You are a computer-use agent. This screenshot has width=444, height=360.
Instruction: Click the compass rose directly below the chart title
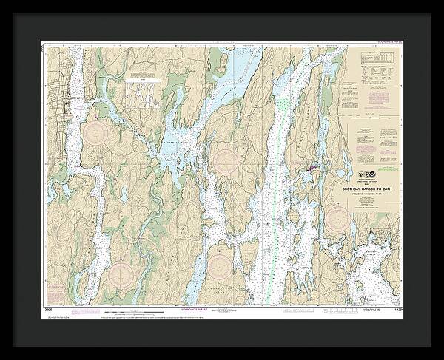(338, 218)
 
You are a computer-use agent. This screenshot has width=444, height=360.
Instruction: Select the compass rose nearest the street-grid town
(96, 133)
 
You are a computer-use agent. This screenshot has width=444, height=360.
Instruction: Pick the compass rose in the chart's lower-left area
(121, 276)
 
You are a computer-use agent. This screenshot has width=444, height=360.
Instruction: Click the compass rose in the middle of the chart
(224, 158)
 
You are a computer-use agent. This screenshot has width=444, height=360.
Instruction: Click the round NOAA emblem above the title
(363, 176)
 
